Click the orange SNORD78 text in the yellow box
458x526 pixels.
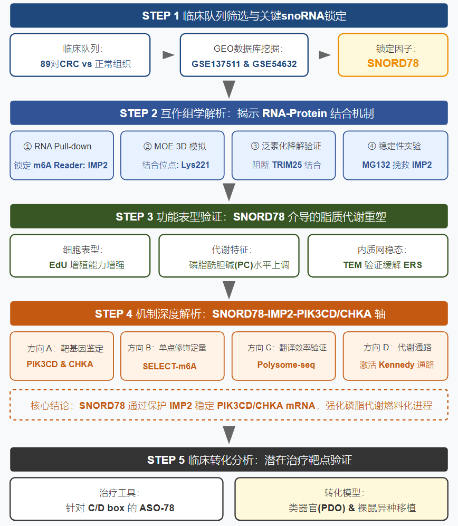click(393, 63)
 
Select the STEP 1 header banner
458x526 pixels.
click(229, 15)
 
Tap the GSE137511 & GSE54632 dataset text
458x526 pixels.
click(244, 64)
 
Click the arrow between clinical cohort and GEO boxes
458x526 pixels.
click(168, 55)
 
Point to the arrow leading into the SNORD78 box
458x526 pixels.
click(325, 55)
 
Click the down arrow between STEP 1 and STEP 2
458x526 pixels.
click(229, 89)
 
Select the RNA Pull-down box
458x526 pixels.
click(62, 155)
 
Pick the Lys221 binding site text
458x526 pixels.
click(195, 165)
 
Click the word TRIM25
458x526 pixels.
click(287, 165)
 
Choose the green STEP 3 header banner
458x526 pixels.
click(229, 216)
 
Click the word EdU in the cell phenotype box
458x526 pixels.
click(58, 265)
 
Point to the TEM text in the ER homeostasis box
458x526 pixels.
click(352, 265)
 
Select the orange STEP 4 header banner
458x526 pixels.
click(229, 314)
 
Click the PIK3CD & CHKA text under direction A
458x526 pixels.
click(60, 365)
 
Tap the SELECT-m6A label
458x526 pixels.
click(169, 366)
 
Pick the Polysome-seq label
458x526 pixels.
click(286, 365)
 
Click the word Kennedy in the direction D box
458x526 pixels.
click(396, 365)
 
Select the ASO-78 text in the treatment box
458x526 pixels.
click(157, 508)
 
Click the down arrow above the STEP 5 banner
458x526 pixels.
click(229, 435)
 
